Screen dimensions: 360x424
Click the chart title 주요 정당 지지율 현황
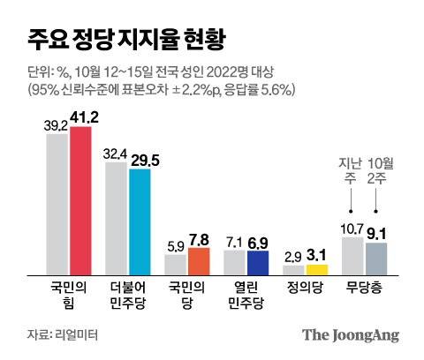pos(124,40)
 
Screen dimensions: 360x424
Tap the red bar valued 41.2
pos(80,200)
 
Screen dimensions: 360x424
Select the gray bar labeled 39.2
pos(57,205)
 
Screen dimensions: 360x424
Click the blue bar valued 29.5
pos(140,221)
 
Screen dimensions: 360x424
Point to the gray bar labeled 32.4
pos(117,216)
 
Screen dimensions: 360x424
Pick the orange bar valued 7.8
pos(199,261)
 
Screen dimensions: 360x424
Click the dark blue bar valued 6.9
pos(258,263)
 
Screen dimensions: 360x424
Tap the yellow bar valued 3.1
pos(317,269)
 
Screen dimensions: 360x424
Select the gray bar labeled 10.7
pos(352,256)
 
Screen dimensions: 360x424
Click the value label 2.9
pos(293,257)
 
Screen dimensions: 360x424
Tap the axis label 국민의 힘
pos(69,294)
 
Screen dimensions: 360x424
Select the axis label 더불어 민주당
pos(128,294)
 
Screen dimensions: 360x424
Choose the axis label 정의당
pos(305,288)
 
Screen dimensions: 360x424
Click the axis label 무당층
pos(364,288)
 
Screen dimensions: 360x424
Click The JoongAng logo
pos(351,335)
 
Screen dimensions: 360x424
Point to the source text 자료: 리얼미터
pos(62,335)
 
